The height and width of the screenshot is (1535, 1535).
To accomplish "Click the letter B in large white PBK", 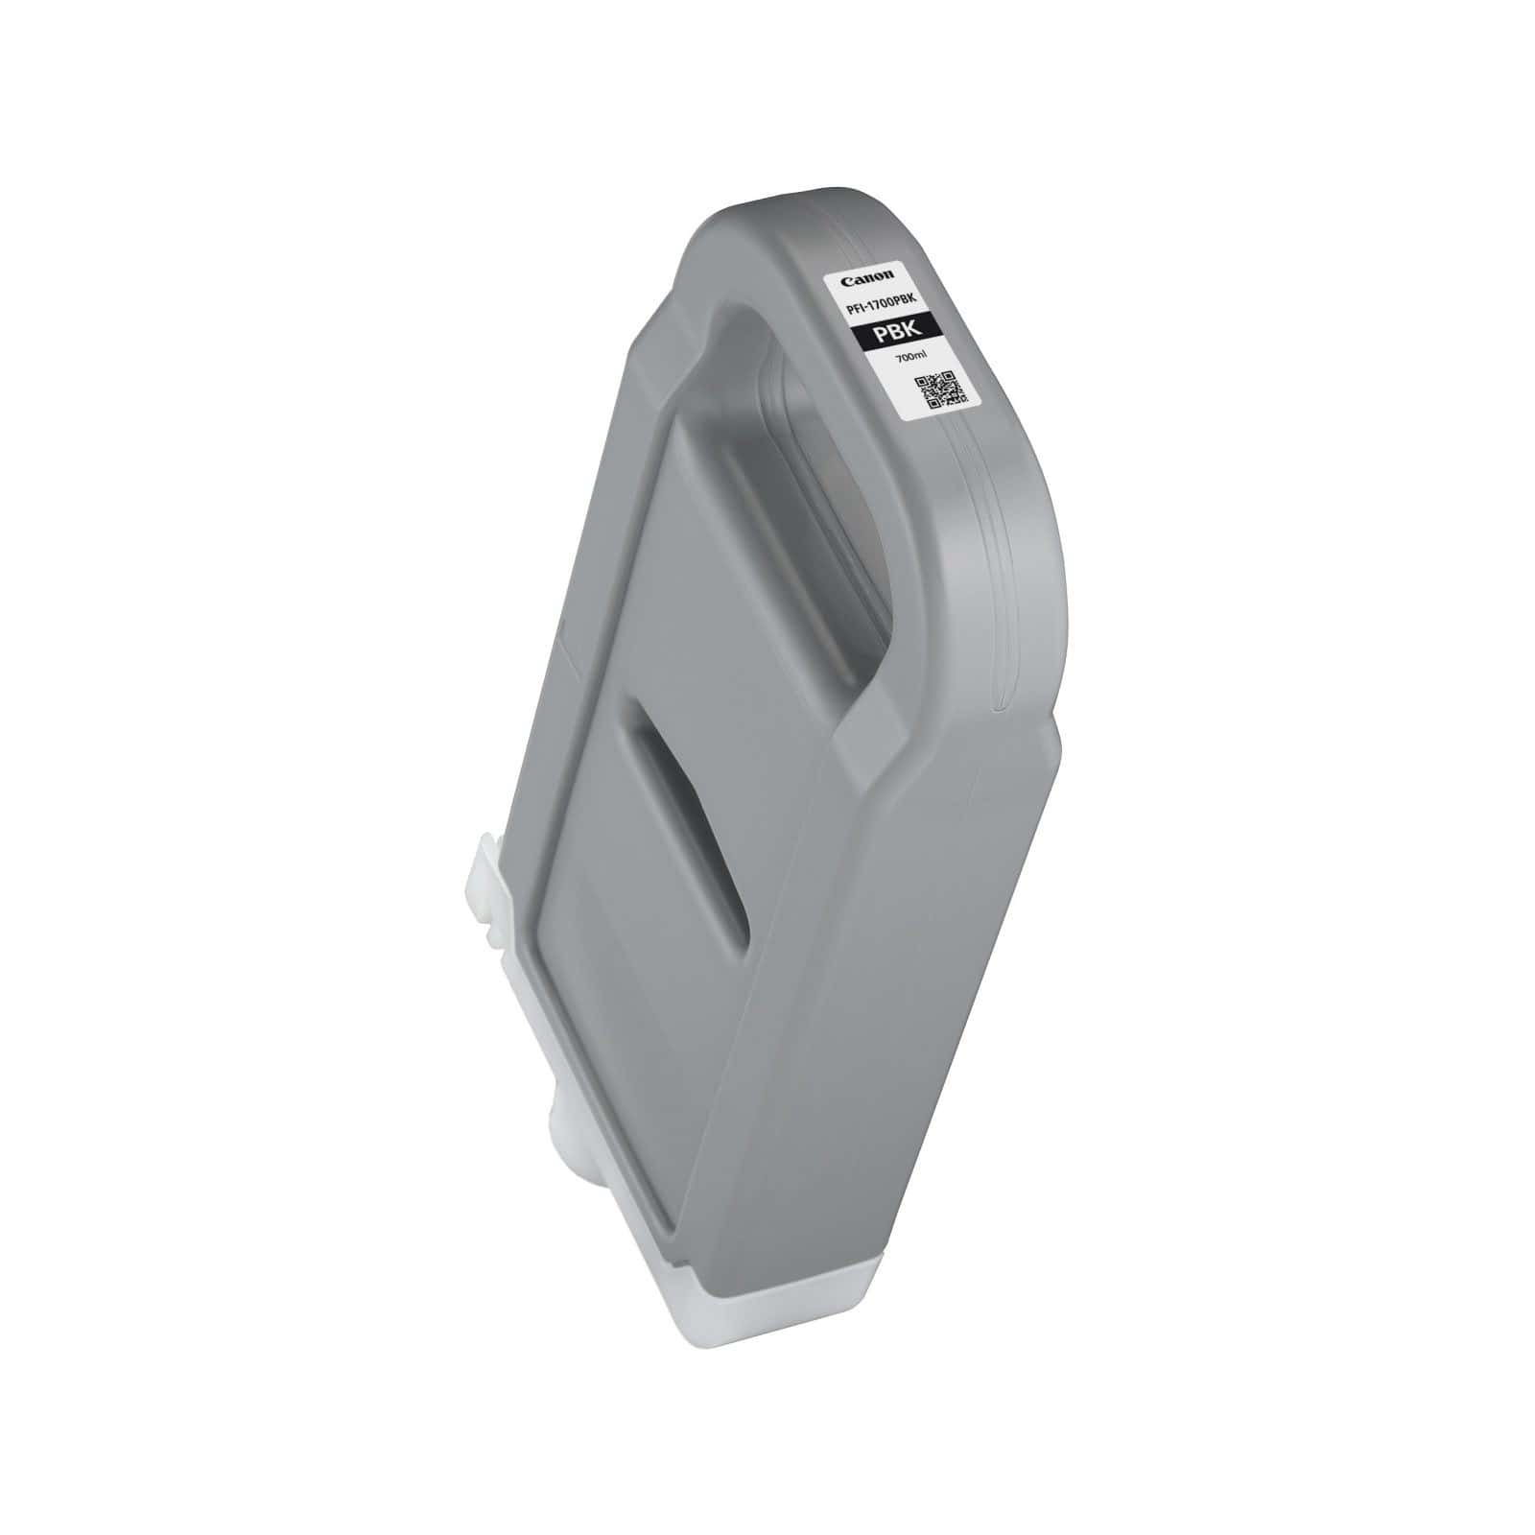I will [x=896, y=332].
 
